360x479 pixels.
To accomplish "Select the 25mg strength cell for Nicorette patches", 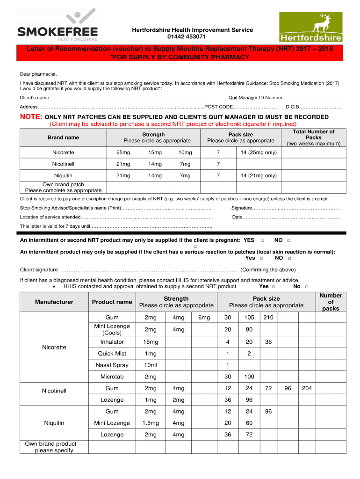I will point(123,152).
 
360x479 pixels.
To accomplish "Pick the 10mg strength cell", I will point(185,152).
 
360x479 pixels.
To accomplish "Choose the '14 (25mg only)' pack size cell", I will point(259,152).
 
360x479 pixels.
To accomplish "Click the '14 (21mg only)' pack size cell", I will point(259,175).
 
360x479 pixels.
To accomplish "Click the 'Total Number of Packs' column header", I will point(313,138).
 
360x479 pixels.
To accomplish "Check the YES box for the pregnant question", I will point(262,240).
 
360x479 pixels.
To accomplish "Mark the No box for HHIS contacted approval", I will point(307,287).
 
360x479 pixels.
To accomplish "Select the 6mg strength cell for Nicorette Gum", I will point(204,318).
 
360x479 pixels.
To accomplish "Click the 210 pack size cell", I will point(268,318).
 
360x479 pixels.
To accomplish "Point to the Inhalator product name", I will point(112,342).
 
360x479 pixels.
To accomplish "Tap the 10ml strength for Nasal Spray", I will point(151,365).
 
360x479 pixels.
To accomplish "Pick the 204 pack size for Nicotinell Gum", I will point(307,388).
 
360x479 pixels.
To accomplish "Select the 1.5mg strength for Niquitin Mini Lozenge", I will point(151,423).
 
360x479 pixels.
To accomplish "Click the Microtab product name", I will point(112,377).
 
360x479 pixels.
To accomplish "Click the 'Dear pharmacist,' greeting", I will point(38,74).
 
